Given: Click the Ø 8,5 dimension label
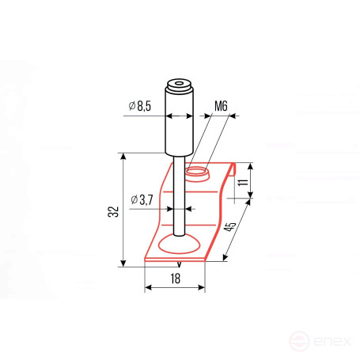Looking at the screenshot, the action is [140, 106].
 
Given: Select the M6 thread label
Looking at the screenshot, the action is [221, 106].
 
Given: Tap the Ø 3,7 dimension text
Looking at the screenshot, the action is [142, 200].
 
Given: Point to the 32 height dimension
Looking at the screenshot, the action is [114, 211].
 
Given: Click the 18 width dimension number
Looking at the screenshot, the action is [175, 279].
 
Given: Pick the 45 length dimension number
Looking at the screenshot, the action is [229, 227].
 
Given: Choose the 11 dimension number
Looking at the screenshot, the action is [243, 182].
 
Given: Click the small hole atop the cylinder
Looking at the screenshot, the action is [180, 84].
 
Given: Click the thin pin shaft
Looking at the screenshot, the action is [180, 195].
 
